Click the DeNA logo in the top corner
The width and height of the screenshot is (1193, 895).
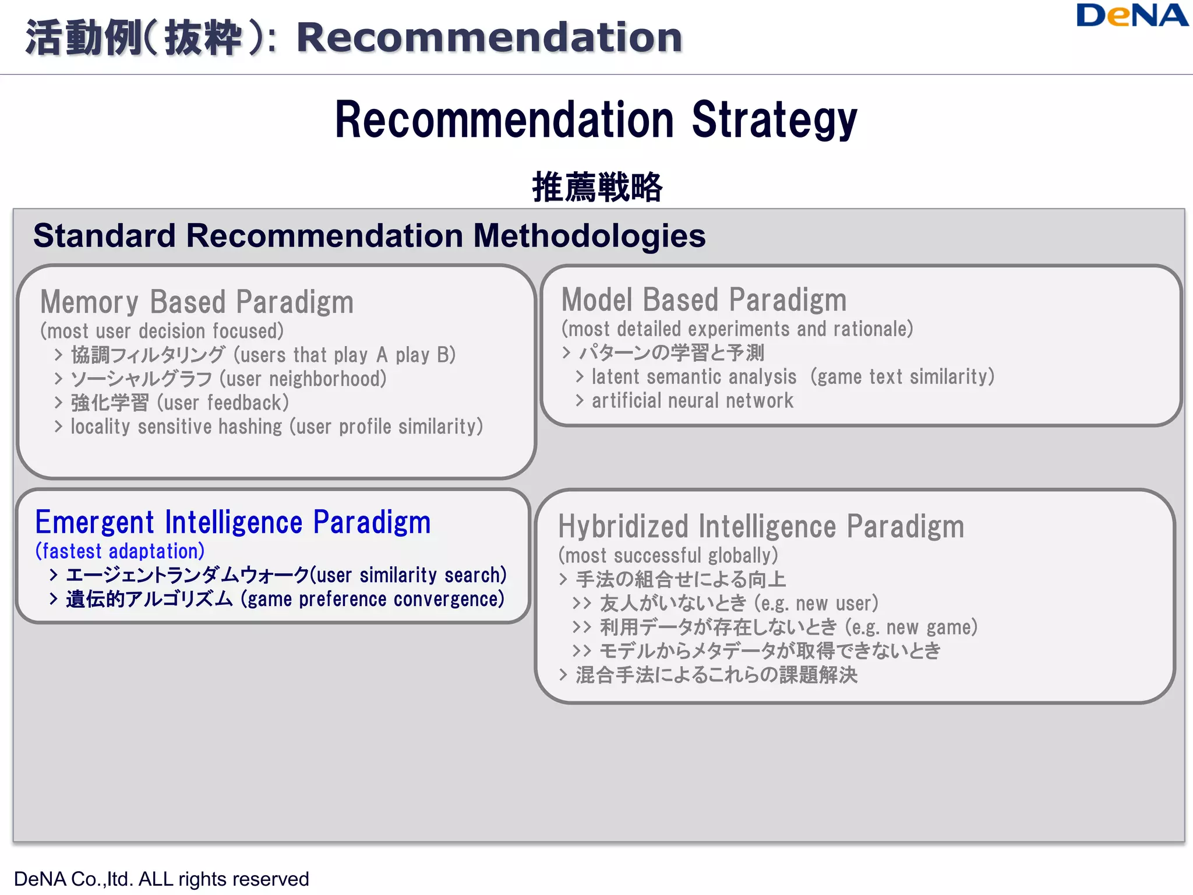tap(1131, 16)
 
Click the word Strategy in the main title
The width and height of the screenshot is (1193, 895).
tap(774, 120)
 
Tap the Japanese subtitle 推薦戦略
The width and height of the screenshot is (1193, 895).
tap(597, 187)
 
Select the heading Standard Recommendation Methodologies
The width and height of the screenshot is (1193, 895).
tap(369, 236)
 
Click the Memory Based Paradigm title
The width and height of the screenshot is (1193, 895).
tap(197, 302)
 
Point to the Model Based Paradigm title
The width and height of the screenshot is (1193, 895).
tap(704, 300)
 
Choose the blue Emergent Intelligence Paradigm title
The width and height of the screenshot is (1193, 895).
tap(233, 522)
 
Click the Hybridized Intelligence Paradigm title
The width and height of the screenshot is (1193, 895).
tap(761, 527)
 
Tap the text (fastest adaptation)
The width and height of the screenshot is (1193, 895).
tap(120, 551)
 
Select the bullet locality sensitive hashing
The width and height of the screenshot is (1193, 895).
tap(179, 427)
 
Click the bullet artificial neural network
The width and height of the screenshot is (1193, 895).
tap(692, 401)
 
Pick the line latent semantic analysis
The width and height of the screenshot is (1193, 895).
tap(694, 377)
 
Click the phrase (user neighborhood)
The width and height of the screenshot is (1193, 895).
tap(303, 379)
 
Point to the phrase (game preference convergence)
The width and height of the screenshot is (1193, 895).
tap(373, 599)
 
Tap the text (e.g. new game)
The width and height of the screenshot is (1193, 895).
tap(911, 628)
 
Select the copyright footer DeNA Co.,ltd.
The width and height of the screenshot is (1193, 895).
tap(161, 879)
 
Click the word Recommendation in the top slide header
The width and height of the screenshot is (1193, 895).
tap(489, 37)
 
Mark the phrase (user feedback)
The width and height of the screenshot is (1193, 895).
tap(223, 403)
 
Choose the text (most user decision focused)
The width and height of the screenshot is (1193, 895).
tap(162, 332)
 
